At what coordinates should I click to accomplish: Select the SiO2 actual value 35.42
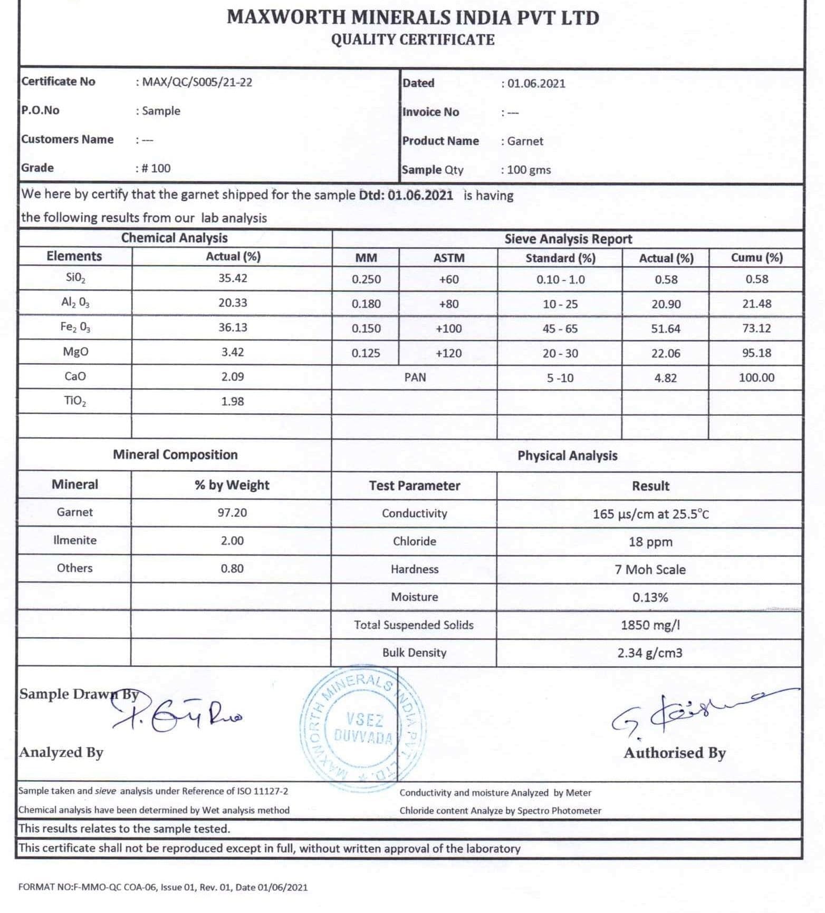233,278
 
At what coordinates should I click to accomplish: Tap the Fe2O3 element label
75,327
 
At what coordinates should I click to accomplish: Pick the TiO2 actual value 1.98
233,401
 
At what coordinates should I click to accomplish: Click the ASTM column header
449,258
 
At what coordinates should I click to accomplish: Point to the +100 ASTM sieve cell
449,328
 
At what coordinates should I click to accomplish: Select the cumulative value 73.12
756,328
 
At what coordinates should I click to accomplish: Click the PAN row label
415,377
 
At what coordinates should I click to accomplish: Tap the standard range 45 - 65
560,328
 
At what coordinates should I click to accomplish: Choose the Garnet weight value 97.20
232,512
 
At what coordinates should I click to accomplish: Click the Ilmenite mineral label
75,540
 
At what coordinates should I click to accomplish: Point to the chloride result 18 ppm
650,542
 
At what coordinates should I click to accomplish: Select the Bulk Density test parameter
415,653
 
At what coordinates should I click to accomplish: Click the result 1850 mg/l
650,625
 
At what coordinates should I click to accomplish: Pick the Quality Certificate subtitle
413,40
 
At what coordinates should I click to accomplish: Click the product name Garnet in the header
525,141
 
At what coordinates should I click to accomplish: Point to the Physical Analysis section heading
567,455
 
